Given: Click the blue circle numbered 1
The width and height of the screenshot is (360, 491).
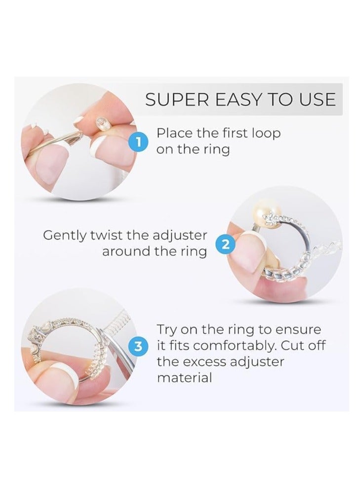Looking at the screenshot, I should [x=139, y=142].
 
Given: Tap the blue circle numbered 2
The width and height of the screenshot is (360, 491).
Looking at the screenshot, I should [x=225, y=244].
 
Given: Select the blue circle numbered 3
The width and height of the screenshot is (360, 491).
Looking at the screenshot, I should [x=141, y=346].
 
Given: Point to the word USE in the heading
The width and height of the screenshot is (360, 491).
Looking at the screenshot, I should [x=317, y=100].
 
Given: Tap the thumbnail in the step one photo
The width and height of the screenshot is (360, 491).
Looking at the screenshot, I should [x=51, y=166].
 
